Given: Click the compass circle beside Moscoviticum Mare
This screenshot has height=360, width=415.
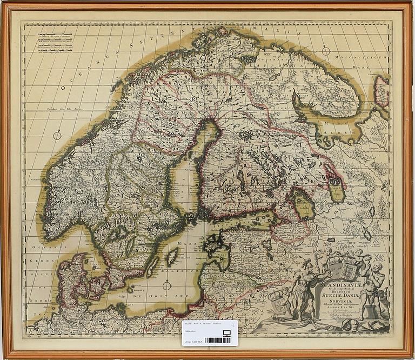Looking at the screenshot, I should (326, 51).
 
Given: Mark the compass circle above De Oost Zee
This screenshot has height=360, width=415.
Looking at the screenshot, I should (167, 284).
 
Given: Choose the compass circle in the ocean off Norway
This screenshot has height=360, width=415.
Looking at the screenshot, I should (57, 135).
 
